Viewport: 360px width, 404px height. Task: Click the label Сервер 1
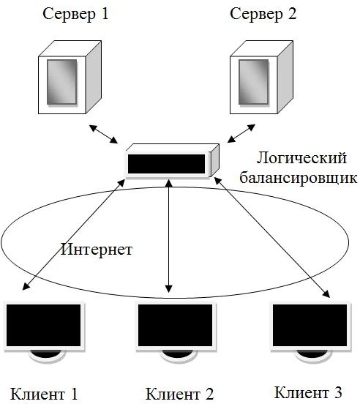75,14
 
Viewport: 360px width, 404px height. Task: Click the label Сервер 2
263,14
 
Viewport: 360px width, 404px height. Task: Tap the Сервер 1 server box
70,78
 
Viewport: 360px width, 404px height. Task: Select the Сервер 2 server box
261,78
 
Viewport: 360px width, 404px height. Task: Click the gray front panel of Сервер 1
61,82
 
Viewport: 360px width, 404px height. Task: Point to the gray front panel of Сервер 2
254,82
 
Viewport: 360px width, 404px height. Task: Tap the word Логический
301,159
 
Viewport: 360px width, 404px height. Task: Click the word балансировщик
299,178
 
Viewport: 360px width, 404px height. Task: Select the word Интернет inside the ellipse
97,250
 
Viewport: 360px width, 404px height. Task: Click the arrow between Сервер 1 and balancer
103,134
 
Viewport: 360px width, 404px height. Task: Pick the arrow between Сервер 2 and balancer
241,133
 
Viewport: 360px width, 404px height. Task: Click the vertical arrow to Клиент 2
169,236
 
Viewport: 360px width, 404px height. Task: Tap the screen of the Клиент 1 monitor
43,326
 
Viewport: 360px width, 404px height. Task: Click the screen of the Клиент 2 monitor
176,326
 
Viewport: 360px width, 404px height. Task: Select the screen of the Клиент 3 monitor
310,326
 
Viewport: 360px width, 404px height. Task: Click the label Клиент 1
44,394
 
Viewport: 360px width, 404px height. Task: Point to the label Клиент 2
179,394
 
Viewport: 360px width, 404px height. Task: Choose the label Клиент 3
308,392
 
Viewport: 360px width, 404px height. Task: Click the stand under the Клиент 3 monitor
311,356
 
